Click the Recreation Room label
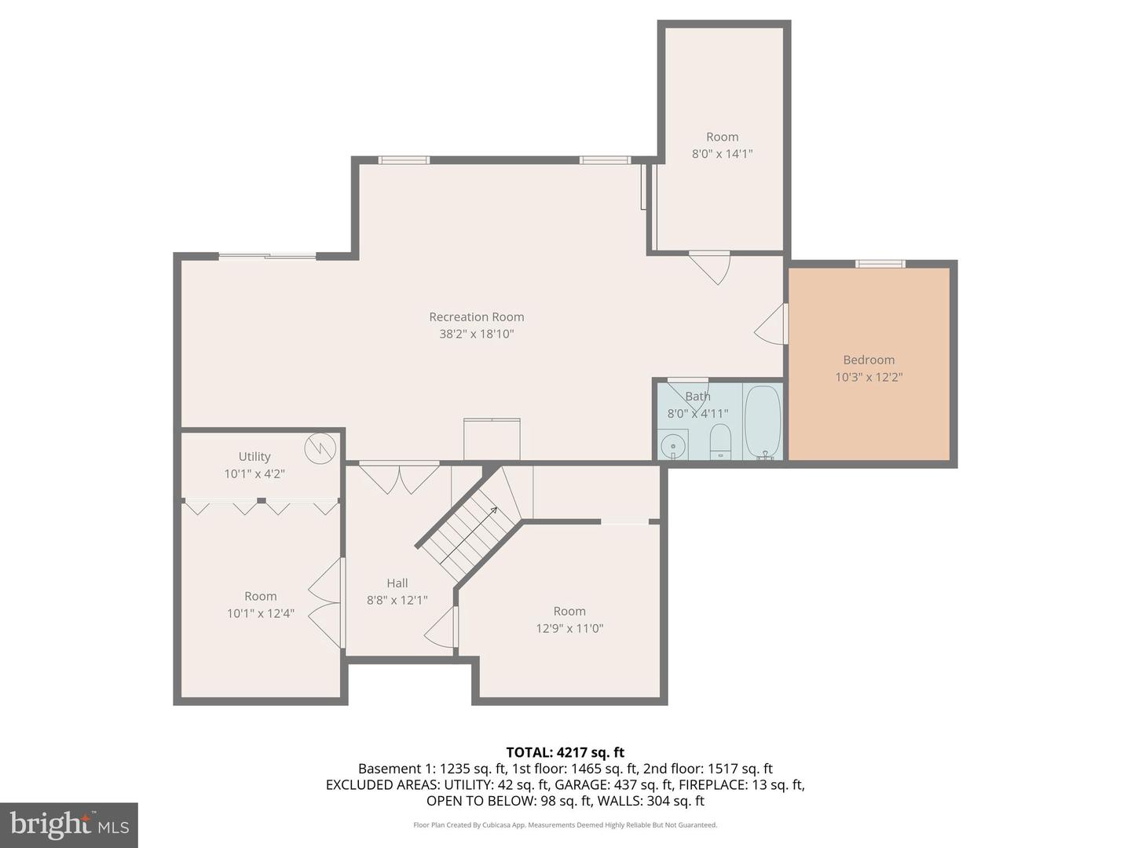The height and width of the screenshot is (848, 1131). [x=476, y=317]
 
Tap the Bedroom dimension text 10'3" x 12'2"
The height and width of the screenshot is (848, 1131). [x=869, y=377]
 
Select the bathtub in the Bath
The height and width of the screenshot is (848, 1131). [x=762, y=422]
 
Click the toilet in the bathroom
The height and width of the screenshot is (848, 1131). [x=720, y=441]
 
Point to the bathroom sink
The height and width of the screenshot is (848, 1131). [x=672, y=445]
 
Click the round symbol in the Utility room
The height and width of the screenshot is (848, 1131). [x=320, y=448]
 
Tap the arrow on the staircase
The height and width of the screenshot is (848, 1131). [x=492, y=511]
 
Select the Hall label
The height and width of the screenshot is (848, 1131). [x=397, y=583]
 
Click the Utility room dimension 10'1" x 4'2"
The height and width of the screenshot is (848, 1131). [x=254, y=473]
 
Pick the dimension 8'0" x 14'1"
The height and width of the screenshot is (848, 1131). [x=722, y=154]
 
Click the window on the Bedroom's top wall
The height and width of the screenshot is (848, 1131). [x=880, y=264]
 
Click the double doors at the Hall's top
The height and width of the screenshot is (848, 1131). [x=399, y=477]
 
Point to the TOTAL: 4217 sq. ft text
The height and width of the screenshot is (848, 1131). [x=565, y=752]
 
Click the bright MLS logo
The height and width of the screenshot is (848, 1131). [x=69, y=824]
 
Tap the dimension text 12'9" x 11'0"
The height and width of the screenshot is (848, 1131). [x=569, y=628]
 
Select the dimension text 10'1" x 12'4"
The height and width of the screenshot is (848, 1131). [x=260, y=613]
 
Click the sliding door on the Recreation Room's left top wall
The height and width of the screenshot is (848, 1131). [x=267, y=255]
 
